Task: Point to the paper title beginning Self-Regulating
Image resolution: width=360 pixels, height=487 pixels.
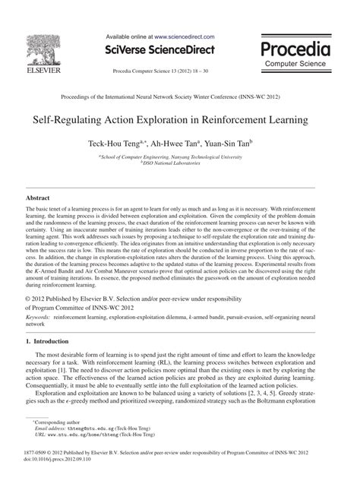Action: pos(180,120)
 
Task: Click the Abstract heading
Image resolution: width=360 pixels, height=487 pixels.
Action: pos(38,197)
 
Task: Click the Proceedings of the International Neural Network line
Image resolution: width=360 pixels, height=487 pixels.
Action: pos(180,99)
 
